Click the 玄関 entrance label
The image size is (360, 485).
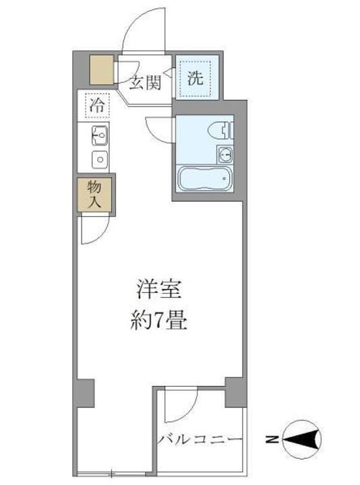[146, 83]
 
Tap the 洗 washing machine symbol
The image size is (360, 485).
[195, 77]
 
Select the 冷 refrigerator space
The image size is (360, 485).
[98, 106]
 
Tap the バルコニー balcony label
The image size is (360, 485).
[200, 439]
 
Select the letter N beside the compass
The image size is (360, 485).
[271, 441]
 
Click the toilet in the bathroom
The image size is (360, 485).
[220, 129]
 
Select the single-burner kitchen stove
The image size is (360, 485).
[100, 160]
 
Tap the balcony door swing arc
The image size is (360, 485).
[179, 404]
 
